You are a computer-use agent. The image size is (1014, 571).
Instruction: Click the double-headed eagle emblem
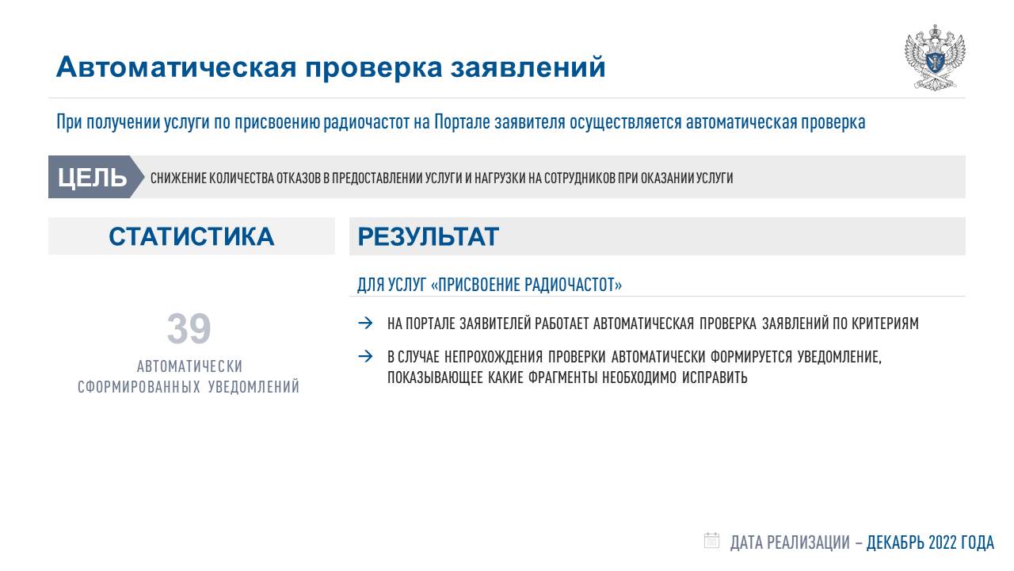pyautogui.click(x=935, y=58)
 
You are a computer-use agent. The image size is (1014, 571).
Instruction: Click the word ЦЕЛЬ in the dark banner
pyautogui.click(x=92, y=177)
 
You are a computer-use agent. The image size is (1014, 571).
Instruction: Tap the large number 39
pyautogui.click(x=189, y=328)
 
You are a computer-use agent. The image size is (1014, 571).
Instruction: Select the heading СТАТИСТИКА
pyautogui.click(x=192, y=236)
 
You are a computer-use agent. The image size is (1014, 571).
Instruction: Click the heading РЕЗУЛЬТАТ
pyautogui.click(x=429, y=236)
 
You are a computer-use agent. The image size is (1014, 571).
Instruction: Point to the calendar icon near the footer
pyautogui.click(x=711, y=541)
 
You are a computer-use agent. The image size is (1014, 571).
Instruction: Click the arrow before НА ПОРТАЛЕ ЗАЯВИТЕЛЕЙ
pyautogui.click(x=365, y=323)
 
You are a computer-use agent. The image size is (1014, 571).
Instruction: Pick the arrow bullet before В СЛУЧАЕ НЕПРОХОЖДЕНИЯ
pyautogui.click(x=365, y=357)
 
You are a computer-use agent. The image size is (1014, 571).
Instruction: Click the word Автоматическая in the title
pyautogui.click(x=176, y=67)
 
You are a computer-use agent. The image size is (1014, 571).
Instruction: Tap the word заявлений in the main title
pyautogui.click(x=528, y=67)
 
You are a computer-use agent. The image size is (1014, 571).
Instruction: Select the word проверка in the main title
pyautogui.click(x=373, y=69)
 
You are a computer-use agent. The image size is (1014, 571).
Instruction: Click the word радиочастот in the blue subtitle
pyautogui.click(x=366, y=122)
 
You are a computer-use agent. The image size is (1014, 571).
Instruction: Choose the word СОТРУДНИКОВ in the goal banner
pyautogui.click(x=579, y=178)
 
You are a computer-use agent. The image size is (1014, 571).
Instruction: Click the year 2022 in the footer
pyautogui.click(x=943, y=542)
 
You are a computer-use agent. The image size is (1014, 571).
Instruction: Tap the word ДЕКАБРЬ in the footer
pyautogui.click(x=895, y=542)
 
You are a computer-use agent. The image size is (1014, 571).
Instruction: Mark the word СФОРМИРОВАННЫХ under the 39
pyautogui.click(x=139, y=387)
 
